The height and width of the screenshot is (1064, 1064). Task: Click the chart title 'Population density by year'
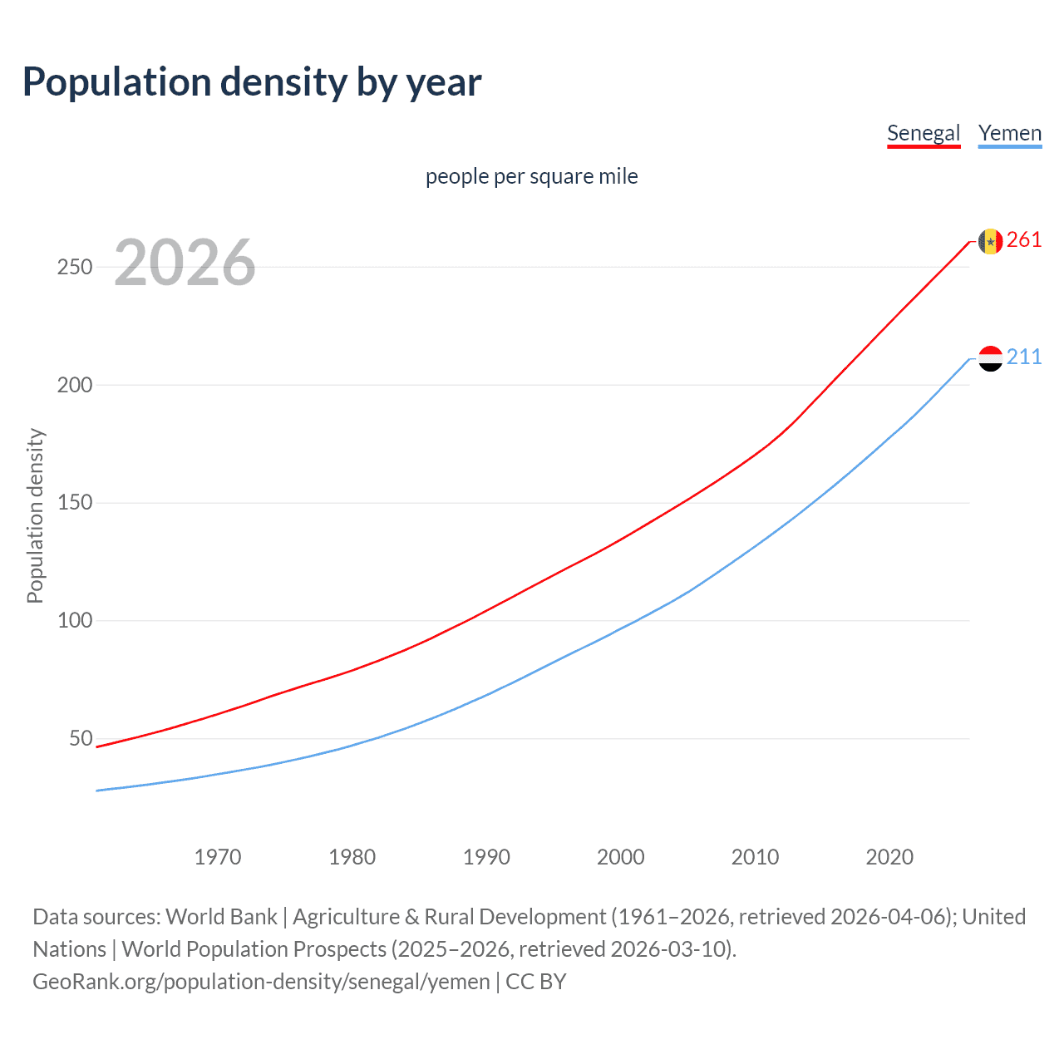click(x=252, y=82)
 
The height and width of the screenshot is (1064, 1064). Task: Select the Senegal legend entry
click(x=924, y=133)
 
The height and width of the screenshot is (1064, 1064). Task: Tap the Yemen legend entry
click(x=1010, y=133)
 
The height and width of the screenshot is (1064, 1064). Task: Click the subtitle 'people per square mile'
click(x=532, y=176)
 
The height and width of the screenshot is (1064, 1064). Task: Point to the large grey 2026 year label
click(x=185, y=263)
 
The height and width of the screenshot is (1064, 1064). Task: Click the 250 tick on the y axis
click(x=75, y=267)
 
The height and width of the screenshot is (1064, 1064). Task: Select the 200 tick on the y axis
click(x=75, y=385)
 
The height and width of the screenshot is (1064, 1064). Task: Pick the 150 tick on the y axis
click(x=75, y=503)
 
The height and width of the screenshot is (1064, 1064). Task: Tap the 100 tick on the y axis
click(x=75, y=621)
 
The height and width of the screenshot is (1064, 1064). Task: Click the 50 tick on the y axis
click(x=81, y=739)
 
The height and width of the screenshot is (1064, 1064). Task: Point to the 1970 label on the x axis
click(x=218, y=857)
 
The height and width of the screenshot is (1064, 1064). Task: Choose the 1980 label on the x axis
click(x=352, y=857)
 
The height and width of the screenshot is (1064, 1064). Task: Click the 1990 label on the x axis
click(x=486, y=857)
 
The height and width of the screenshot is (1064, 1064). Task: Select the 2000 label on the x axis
click(x=621, y=857)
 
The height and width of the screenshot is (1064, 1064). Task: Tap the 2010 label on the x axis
click(x=755, y=857)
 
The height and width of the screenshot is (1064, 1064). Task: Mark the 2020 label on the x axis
click(x=889, y=857)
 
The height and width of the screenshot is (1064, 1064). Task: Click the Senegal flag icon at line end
click(x=990, y=241)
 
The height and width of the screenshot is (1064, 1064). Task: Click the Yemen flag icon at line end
click(x=990, y=358)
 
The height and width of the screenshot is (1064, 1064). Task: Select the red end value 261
click(x=1024, y=240)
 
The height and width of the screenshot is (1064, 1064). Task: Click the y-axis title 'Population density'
click(x=35, y=515)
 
